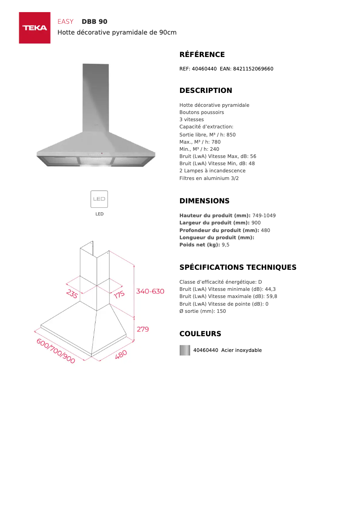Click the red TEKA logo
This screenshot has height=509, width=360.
point(35,28)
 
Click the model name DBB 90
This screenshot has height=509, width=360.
point(94,22)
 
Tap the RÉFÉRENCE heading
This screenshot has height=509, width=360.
point(202,55)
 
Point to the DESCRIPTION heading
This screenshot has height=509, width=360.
point(206,91)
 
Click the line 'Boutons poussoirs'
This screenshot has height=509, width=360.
point(202,112)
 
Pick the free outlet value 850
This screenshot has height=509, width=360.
point(231,135)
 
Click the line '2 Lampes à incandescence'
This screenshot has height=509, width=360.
point(212,171)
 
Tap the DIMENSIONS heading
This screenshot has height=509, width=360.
point(204,201)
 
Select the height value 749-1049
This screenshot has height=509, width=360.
point(264,215)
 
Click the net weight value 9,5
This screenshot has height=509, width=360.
point(226,245)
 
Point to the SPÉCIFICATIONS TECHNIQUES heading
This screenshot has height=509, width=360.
point(238,268)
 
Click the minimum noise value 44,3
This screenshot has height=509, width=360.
point(271,289)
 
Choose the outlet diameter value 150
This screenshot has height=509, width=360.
point(221,311)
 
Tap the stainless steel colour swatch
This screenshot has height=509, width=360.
point(185,350)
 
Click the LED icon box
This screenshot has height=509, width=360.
point(99,199)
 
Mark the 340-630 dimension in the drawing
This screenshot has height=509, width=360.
point(150,291)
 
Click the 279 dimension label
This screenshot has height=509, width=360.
point(143,329)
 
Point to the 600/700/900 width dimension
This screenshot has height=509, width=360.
point(56,351)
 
